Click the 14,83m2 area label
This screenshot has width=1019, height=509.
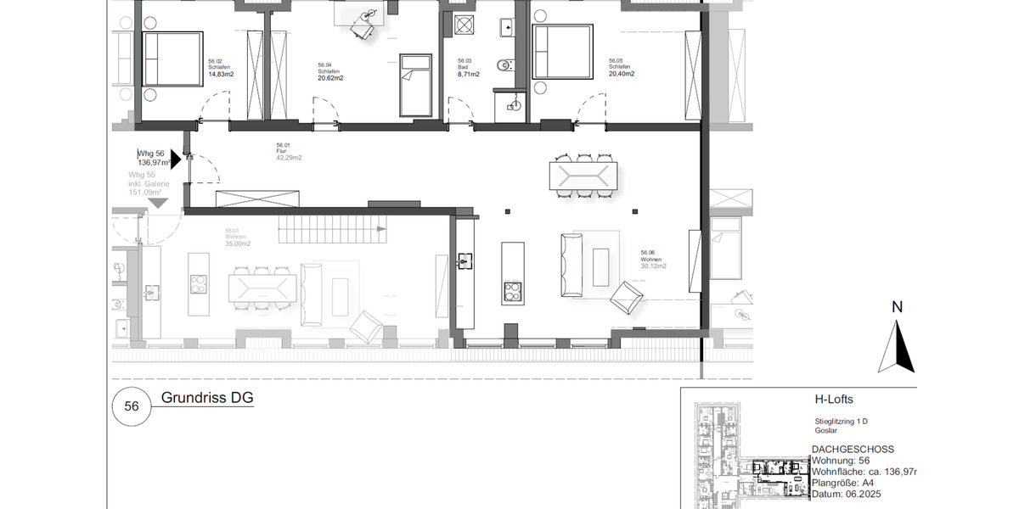221,75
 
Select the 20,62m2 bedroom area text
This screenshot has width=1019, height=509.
329,78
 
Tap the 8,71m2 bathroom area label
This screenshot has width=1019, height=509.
469,75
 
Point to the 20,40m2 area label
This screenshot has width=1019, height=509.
621,74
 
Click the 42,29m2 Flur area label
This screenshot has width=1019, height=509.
289,158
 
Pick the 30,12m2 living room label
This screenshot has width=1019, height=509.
653,266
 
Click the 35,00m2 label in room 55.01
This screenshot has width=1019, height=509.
237,243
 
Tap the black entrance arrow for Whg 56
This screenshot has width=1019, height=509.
176,159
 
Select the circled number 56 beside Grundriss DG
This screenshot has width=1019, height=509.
132,406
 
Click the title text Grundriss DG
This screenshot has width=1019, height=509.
207,398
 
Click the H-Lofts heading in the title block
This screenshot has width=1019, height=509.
833,400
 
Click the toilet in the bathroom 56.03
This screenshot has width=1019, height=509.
508,64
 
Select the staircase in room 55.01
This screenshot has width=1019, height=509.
332,227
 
